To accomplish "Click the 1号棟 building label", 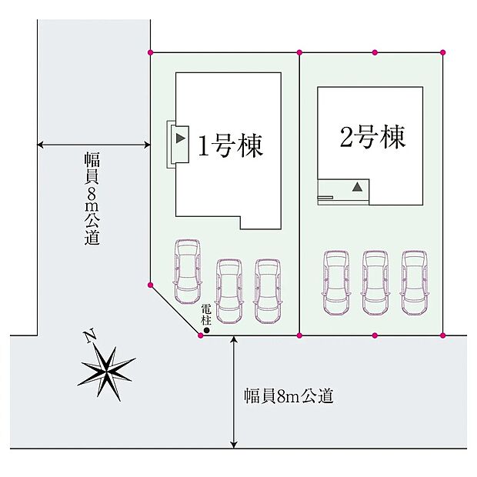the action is [x=230, y=146].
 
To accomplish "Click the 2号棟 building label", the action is [x=372, y=137].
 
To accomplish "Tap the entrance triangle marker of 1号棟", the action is [x=181, y=138].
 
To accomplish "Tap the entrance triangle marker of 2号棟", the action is [x=358, y=186].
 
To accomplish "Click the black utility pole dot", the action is [x=206, y=330].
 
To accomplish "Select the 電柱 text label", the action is [x=206, y=315].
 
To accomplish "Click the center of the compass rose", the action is [x=106, y=372].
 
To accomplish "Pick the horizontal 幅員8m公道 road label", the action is [x=289, y=395].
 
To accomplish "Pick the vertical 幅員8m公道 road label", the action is [x=92, y=198].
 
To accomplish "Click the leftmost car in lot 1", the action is [x=188, y=272].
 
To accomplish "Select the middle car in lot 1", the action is [x=229, y=291].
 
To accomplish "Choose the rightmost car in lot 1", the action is [x=268, y=291].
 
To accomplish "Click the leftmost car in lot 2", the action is [x=336, y=283].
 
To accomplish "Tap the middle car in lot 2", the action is [x=375, y=283].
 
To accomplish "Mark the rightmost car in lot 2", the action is [x=415, y=283].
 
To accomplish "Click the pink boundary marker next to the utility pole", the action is [x=201, y=335].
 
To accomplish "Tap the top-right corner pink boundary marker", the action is [x=442, y=52].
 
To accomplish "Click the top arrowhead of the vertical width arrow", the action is [x=233, y=339].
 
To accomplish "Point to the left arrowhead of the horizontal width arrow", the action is [x=40, y=145].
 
